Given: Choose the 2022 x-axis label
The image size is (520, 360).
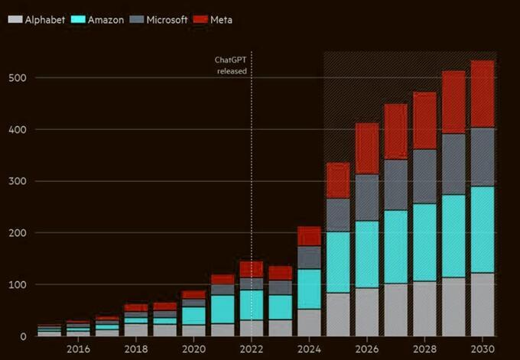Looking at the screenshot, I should (x=252, y=349).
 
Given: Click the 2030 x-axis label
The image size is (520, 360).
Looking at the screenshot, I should (x=482, y=349).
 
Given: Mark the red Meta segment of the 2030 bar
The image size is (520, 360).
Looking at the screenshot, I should (x=482, y=94).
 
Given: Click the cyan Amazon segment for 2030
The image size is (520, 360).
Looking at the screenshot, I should (x=482, y=229).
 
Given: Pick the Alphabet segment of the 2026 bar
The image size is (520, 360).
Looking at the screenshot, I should (x=367, y=312).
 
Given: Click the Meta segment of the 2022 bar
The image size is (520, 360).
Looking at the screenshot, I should (x=252, y=269).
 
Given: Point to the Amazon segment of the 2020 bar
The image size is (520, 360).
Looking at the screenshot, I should (x=193, y=316).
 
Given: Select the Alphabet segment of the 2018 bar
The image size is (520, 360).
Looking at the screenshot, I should (x=136, y=329).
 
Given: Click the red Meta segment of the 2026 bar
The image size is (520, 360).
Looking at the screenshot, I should (x=367, y=148).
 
